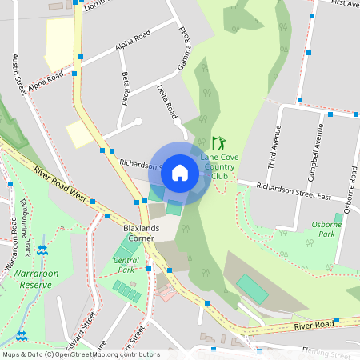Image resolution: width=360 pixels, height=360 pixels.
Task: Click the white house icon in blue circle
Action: tap(180, 173)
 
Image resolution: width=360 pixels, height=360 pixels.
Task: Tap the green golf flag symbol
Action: tap(218, 143)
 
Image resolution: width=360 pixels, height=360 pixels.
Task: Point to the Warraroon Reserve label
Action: tap(35, 278)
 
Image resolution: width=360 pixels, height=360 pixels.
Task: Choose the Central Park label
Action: tap(125, 265)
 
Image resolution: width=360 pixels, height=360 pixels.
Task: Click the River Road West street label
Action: tap(59, 183)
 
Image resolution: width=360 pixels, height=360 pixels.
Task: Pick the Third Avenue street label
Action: tap(274, 149)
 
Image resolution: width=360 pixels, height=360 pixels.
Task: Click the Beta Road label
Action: tap(126, 89)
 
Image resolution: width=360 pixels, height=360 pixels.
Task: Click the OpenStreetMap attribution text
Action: tap(80, 354)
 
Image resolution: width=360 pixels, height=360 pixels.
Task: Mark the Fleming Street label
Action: tap(329, 354)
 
